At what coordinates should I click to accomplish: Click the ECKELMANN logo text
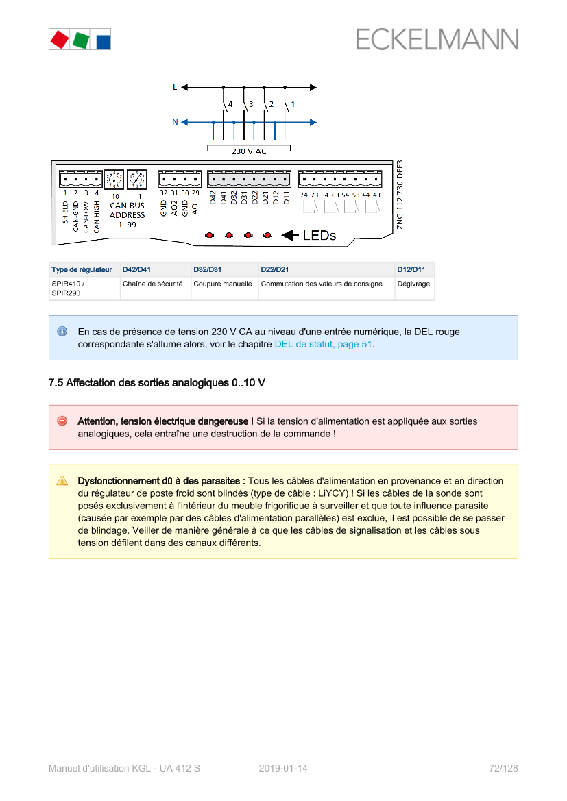tap(437, 39)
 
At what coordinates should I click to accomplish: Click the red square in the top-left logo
tap(59, 39)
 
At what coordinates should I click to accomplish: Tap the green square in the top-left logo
tap(80, 39)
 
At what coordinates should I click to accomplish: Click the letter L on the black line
tap(175, 87)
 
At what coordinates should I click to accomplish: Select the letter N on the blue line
tap(175, 122)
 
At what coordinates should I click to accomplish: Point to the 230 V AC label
tap(249, 151)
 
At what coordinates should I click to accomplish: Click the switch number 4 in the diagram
tap(230, 104)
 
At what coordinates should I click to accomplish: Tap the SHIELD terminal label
tap(66, 212)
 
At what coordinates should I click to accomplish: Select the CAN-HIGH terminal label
tap(97, 216)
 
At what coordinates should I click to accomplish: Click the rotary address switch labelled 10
tap(114, 180)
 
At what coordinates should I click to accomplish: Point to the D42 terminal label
tap(213, 197)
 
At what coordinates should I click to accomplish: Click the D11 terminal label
tap(287, 197)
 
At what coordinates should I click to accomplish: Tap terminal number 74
tap(304, 195)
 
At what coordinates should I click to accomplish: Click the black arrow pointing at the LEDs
tap(290, 235)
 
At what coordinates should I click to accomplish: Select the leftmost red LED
tap(209, 235)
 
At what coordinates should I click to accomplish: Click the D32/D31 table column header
tap(208, 269)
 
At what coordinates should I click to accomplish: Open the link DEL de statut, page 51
tap(323, 344)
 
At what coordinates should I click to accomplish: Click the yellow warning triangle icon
tap(62, 481)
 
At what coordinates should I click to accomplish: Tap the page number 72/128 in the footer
tap(503, 768)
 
